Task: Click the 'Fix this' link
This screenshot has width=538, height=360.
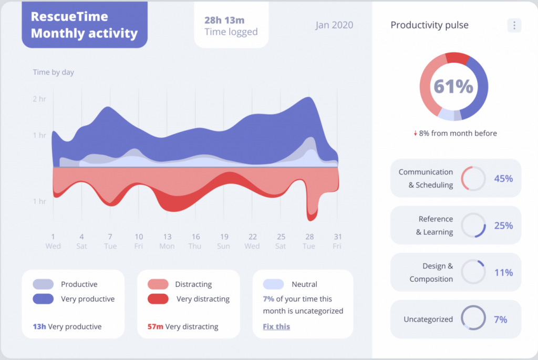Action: (x=276, y=326)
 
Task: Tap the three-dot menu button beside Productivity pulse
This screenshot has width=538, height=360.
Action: (x=514, y=25)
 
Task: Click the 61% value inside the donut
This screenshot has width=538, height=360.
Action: (x=453, y=86)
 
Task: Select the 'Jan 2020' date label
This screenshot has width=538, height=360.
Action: (x=334, y=25)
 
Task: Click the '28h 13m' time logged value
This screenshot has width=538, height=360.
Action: (x=224, y=20)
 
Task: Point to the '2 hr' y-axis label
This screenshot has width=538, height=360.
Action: (x=39, y=99)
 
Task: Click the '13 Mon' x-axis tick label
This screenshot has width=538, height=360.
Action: (x=167, y=241)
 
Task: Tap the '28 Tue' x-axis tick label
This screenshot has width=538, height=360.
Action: (x=309, y=241)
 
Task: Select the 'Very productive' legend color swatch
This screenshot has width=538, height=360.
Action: (x=43, y=299)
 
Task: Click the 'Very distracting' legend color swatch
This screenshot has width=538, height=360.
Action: (x=158, y=299)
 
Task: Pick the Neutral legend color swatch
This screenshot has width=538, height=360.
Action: (x=273, y=284)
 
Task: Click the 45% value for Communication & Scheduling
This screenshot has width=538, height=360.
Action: (x=503, y=178)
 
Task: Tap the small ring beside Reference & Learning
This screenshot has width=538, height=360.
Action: (x=473, y=225)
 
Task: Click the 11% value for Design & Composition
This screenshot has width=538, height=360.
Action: (x=503, y=272)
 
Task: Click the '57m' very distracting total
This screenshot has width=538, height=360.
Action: (x=155, y=326)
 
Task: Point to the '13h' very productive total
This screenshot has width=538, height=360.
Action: (x=39, y=326)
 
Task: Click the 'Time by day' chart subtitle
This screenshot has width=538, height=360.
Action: (x=53, y=72)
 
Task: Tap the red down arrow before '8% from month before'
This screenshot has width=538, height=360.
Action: (x=415, y=133)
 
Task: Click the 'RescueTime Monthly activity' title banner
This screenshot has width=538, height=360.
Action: (x=84, y=25)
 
